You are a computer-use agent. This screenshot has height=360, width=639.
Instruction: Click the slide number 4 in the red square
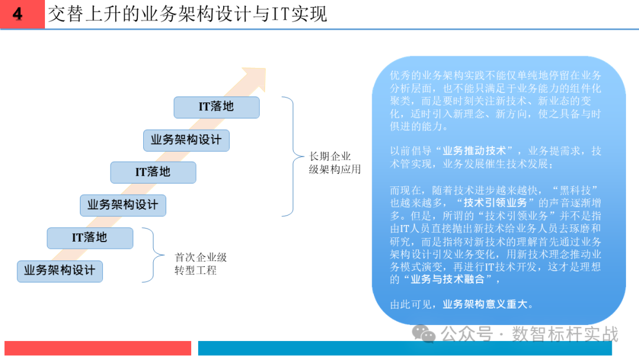pos(18,14)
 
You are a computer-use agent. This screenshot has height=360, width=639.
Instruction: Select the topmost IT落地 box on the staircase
pos(217,107)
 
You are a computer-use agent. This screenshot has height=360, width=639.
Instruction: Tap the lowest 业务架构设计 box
pos(60,271)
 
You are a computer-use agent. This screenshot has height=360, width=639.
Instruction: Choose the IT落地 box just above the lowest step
pos(90,238)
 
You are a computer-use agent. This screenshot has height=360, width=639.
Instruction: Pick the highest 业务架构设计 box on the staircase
pos(186,140)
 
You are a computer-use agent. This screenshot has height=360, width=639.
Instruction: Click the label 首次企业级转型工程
pos(201,264)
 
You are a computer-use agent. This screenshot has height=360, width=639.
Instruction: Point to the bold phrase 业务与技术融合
pos(447,279)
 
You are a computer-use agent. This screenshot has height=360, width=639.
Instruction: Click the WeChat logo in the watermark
pos(424,334)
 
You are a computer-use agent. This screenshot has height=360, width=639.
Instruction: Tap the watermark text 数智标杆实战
pos(565,334)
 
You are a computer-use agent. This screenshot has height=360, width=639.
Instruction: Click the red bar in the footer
pos(98,348)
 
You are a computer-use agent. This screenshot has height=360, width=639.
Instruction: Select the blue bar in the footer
pos(413,348)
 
